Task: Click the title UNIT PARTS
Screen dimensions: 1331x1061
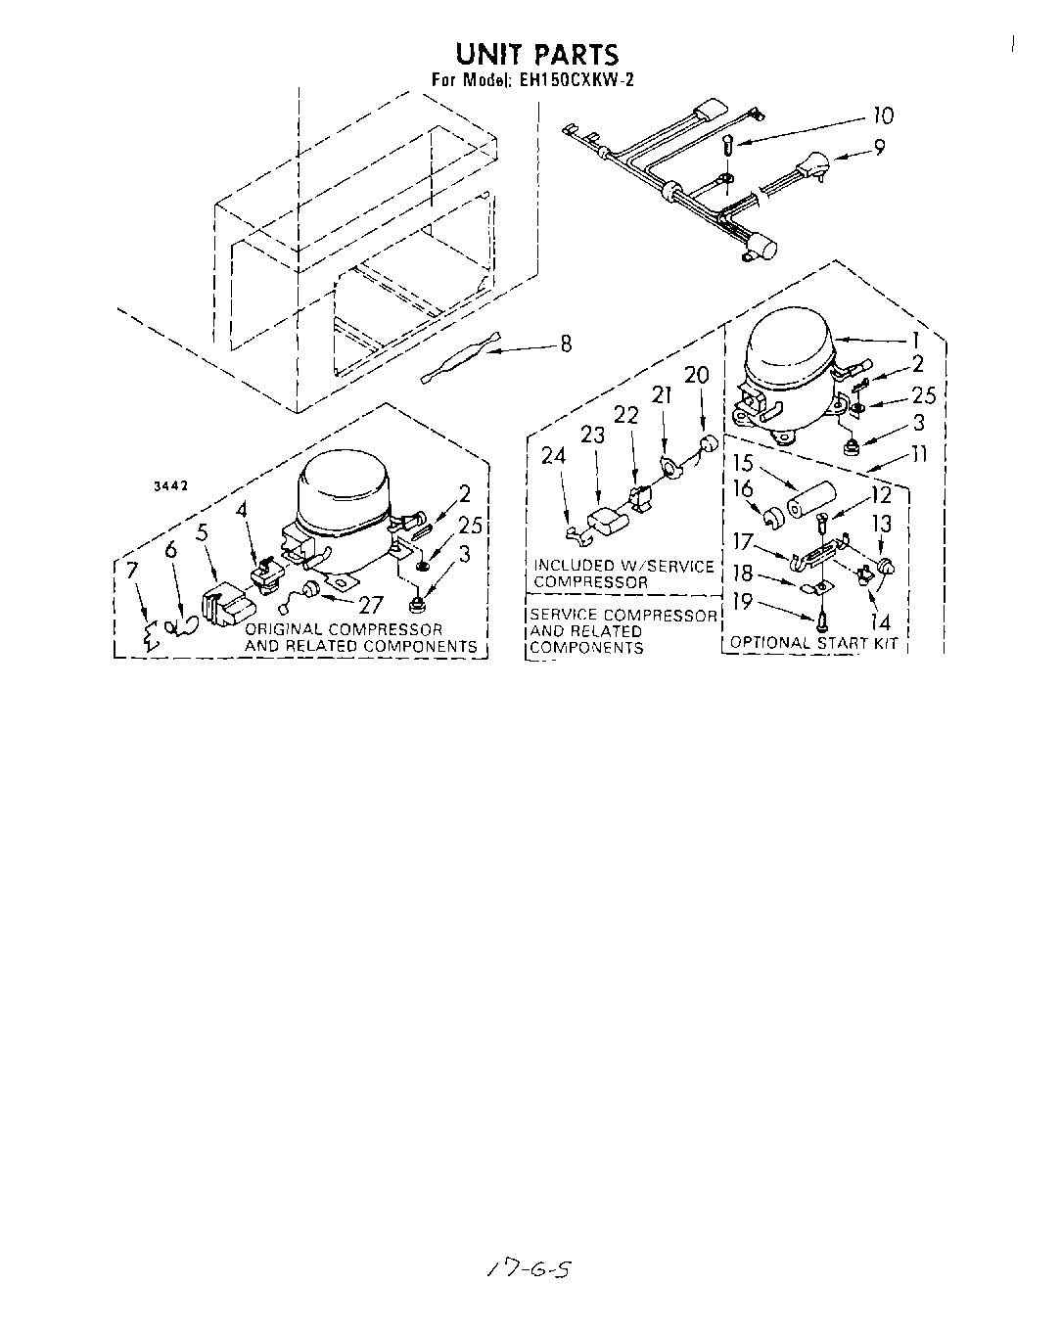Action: coord(537,54)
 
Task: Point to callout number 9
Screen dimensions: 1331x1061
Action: coord(879,149)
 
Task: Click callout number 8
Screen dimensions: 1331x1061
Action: coord(565,344)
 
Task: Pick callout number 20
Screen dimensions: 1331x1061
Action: coord(696,376)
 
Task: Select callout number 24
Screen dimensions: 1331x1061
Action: coord(554,456)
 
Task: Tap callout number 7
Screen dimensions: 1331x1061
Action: coord(132,571)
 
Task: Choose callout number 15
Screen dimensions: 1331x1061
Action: coord(744,465)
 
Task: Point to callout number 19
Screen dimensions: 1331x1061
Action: coord(743,601)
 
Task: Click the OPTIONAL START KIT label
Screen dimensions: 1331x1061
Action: coord(814,643)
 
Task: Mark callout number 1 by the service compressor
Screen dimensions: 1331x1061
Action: coord(915,341)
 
